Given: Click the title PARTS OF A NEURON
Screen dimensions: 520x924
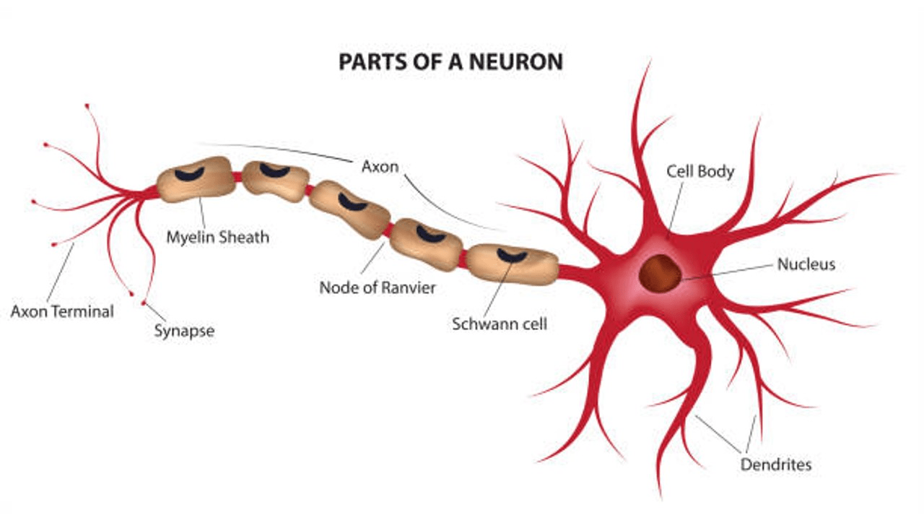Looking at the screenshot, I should coord(450,61).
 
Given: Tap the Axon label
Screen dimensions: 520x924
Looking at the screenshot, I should coord(379,166).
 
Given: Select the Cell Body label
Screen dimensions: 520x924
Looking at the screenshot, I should coord(699,171).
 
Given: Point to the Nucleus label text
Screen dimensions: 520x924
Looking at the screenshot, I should coord(806,264).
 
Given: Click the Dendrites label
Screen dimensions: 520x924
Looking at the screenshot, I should coord(776,464).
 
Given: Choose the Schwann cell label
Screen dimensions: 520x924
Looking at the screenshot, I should coord(500,324).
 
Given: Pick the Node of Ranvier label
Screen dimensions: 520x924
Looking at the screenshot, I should coord(378,287).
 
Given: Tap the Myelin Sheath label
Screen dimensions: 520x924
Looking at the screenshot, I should coord(217,236).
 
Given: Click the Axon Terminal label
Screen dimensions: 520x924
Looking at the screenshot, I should coord(62,312).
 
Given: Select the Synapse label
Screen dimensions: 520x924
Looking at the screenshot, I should coord(184,331).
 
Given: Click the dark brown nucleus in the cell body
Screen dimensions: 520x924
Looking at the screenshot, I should coord(659,272).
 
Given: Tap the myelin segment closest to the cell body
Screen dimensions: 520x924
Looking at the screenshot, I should coord(512,264).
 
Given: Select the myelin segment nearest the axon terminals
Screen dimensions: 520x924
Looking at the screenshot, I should coord(196,178).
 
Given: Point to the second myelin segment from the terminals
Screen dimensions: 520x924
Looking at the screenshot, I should coord(276,180).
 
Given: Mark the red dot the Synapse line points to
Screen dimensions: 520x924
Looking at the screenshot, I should coord(144,303).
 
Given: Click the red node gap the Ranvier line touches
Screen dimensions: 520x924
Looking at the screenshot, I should coord(388,230).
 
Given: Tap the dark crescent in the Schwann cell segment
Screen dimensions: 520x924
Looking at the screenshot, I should coord(512,255).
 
